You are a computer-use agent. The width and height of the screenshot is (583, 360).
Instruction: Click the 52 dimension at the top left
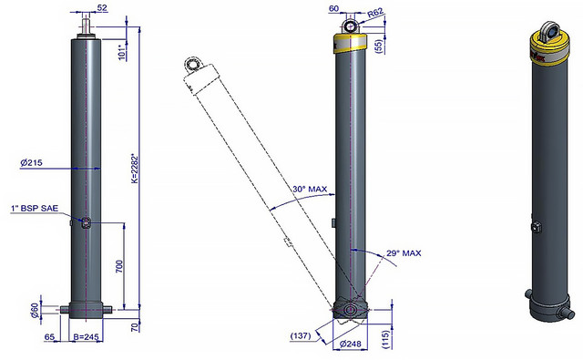coord(101,8)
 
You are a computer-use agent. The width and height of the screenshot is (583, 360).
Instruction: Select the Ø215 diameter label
coord(31,162)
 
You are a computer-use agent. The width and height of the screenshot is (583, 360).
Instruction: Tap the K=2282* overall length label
coord(135,168)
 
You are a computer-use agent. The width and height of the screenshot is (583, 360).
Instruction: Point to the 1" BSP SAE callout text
coord(35,209)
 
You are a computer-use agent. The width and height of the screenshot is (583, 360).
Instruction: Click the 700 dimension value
coord(119,267)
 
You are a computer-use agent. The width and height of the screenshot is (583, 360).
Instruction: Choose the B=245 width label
coord(86,337)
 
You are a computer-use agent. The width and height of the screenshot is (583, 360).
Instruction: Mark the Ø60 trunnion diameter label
coord(35,311)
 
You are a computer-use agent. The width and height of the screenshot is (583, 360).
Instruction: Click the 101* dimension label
coord(122,53)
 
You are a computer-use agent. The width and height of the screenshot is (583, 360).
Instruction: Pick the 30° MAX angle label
coord(310,189)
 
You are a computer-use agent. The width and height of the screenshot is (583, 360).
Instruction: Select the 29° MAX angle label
coord(404,253)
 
